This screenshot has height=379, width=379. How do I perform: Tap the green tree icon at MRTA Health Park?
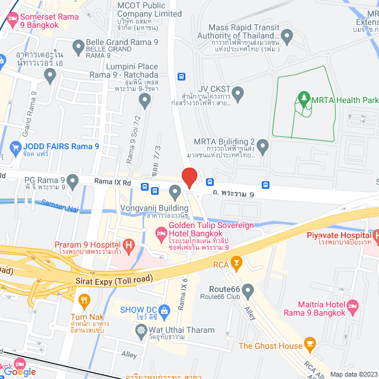304,99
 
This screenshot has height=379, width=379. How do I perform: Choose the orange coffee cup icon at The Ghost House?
310,345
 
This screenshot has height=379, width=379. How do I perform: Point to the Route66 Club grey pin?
248,291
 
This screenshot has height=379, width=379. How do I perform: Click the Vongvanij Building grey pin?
175,191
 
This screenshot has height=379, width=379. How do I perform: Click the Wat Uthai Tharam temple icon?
140,330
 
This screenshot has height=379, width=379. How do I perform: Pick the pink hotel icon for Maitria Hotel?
352,307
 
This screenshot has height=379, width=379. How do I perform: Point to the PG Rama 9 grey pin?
73,180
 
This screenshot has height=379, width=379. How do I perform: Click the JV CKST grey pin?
238,93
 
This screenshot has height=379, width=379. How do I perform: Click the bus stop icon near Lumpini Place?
181,76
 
